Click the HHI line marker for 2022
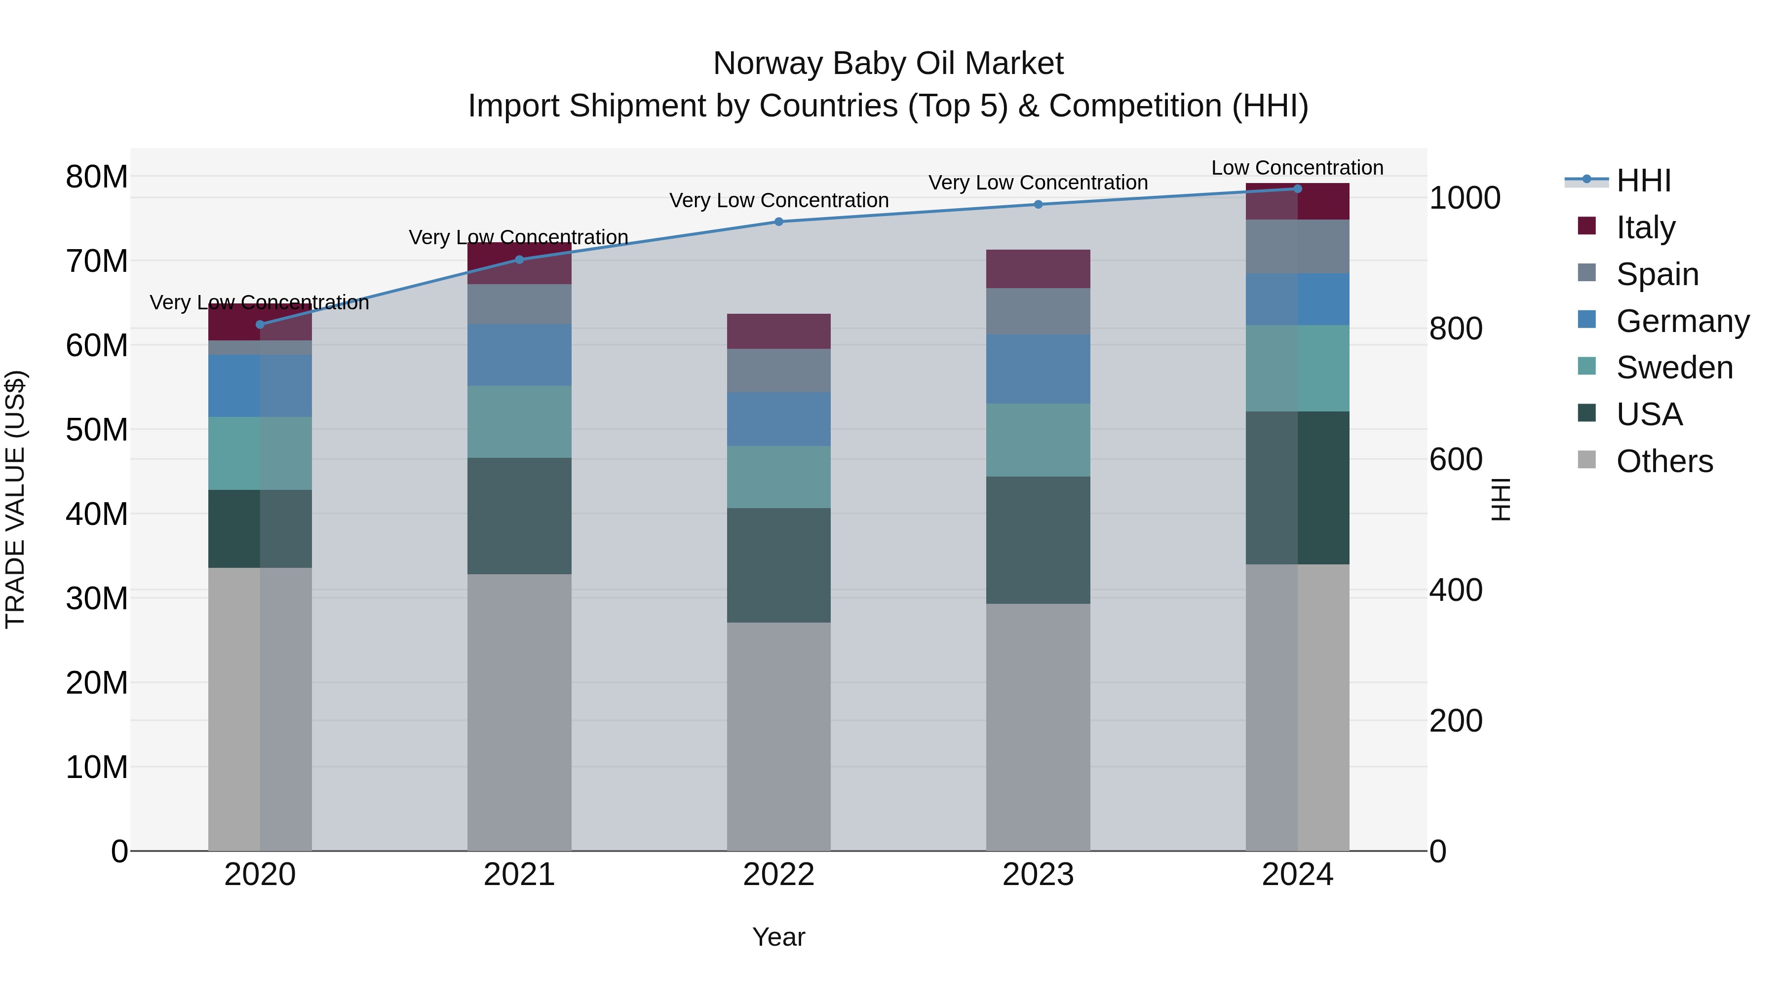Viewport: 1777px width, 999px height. (x=779, y=222)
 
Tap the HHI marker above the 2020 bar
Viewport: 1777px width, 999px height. (x=260, y=324)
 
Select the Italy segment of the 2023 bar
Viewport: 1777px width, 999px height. (x=1038, y=269)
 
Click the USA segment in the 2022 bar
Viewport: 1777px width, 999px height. (x=779, y=565)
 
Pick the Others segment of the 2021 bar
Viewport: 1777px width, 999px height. (x=519, y=712)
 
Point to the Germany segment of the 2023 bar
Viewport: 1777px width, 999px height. (x=1038, y=369)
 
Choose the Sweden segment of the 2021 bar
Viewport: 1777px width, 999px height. (x=519, y=421)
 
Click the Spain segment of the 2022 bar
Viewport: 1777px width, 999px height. (x=779, y=370)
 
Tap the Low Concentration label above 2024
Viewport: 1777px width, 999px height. (x=1297, y=168)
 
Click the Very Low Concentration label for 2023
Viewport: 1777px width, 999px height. (x=1038, y=183)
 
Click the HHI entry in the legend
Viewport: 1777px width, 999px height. (x=1643, y=181)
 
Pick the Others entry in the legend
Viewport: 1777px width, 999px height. (x=1664, y=461)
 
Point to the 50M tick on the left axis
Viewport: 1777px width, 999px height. (x=97, y=430)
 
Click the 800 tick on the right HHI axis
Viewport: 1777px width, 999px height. (x=1456, y=329)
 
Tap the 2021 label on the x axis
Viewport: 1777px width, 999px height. (x=519, y=875)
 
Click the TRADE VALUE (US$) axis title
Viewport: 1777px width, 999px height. (x=15, y=499)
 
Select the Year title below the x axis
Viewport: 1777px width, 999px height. (x=779, y=937)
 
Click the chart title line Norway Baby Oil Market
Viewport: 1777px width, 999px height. (x=888, y=64)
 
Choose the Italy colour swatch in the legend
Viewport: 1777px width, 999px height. (x=1586, y=226)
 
